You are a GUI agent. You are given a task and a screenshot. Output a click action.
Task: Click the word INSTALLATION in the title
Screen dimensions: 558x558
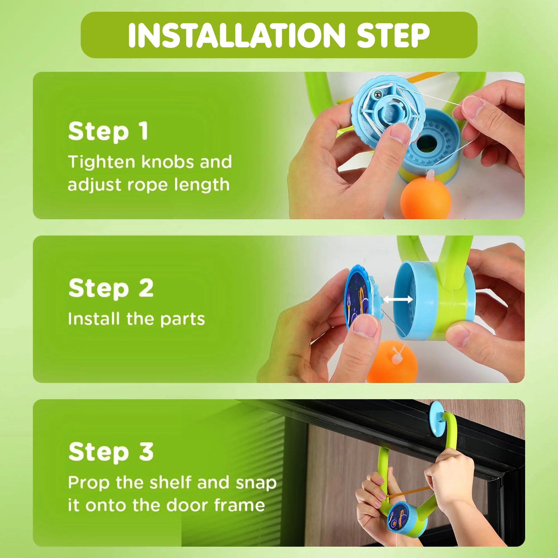[237, 35]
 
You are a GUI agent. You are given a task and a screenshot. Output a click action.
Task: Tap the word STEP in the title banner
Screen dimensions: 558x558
[393, 35]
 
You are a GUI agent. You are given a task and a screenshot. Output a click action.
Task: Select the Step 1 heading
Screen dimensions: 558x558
[108, 132]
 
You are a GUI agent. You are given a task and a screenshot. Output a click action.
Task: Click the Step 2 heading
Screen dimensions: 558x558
[111, 288]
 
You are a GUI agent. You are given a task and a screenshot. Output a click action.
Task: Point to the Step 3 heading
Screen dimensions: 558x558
[111, 452]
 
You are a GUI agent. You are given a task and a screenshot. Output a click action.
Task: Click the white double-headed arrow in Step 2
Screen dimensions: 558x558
[398, 299]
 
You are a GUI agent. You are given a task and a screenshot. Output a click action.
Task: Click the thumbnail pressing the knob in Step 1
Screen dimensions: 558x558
[400, 132]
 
